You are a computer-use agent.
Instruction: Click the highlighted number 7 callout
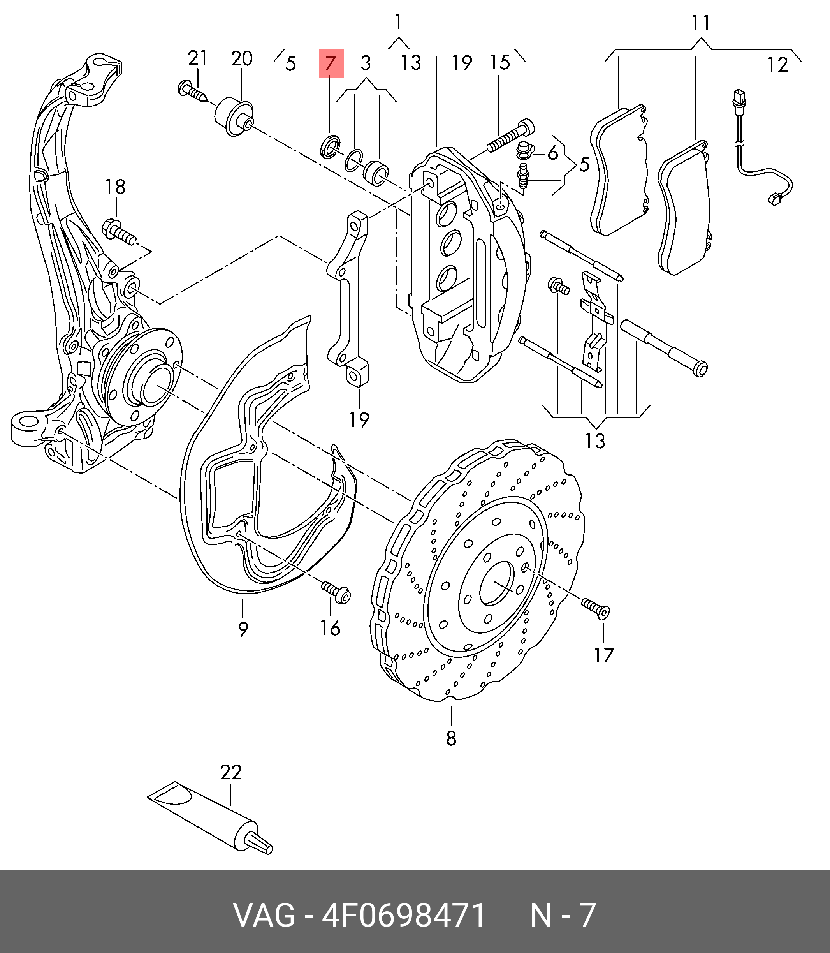(330, 63)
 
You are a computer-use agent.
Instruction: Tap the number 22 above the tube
(230, 772)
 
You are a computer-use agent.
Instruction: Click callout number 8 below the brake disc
(451, 738)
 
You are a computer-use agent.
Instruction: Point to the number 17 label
(603, 655)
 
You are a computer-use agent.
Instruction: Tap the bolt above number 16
(336, 592)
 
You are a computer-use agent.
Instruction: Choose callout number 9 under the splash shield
(243, 629)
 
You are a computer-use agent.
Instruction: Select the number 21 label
(198, 58)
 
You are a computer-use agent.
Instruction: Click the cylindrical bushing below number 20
(234, 116)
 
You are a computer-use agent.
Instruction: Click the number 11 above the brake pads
(701, 22)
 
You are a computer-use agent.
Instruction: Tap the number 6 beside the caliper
(552, 153)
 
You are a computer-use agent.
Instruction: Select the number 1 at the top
(398, 21)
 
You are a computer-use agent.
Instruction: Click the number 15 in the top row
(500, 63)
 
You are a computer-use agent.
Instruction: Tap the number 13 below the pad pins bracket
(595, 441)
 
